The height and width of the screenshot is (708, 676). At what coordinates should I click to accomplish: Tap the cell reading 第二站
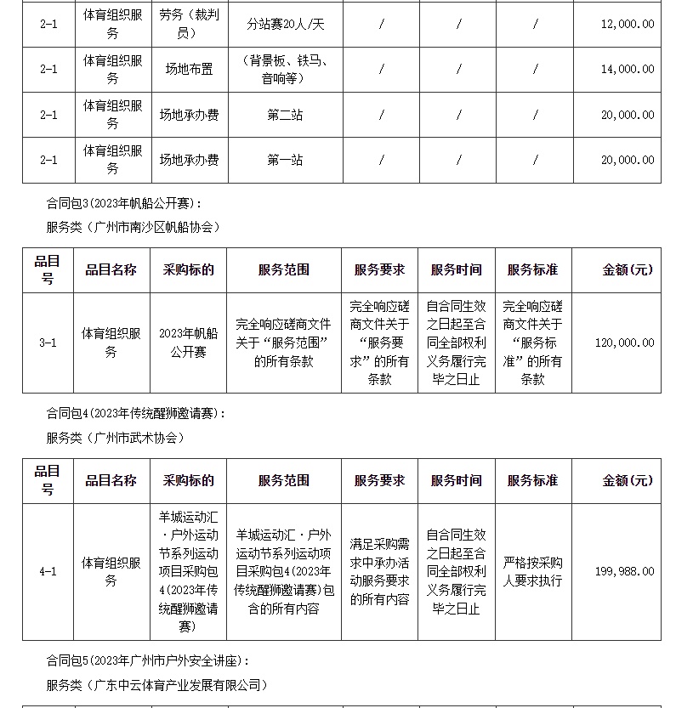click(x=284, y=115)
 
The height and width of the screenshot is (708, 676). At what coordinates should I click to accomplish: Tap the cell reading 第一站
click(x=284, y=160)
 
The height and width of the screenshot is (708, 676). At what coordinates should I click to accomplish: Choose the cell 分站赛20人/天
click(x=284, y=24)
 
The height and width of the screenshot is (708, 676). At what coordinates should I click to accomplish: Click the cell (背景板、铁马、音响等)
click(x=284, y=69)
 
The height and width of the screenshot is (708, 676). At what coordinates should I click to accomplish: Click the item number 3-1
click(x=48, y=343)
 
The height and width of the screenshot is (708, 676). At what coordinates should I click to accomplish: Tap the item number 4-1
click(x=48, y=571)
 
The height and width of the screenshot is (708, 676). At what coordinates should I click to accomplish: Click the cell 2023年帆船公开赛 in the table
click(x=188, y=343)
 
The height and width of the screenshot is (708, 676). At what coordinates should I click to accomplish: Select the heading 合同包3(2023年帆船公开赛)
click(x=124, y=204)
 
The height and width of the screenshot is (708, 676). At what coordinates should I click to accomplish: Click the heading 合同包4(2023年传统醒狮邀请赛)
click(x=136, y=414)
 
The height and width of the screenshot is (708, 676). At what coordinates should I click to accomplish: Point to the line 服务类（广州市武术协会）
click(x=115, y=438)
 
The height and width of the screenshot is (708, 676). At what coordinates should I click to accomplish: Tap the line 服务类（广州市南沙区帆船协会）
click(x=133, y=227)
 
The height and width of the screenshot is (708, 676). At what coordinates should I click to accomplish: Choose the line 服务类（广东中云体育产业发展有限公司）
click(x=156, y=684)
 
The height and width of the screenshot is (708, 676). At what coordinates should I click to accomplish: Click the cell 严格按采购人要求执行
click(x=532, y=571)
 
